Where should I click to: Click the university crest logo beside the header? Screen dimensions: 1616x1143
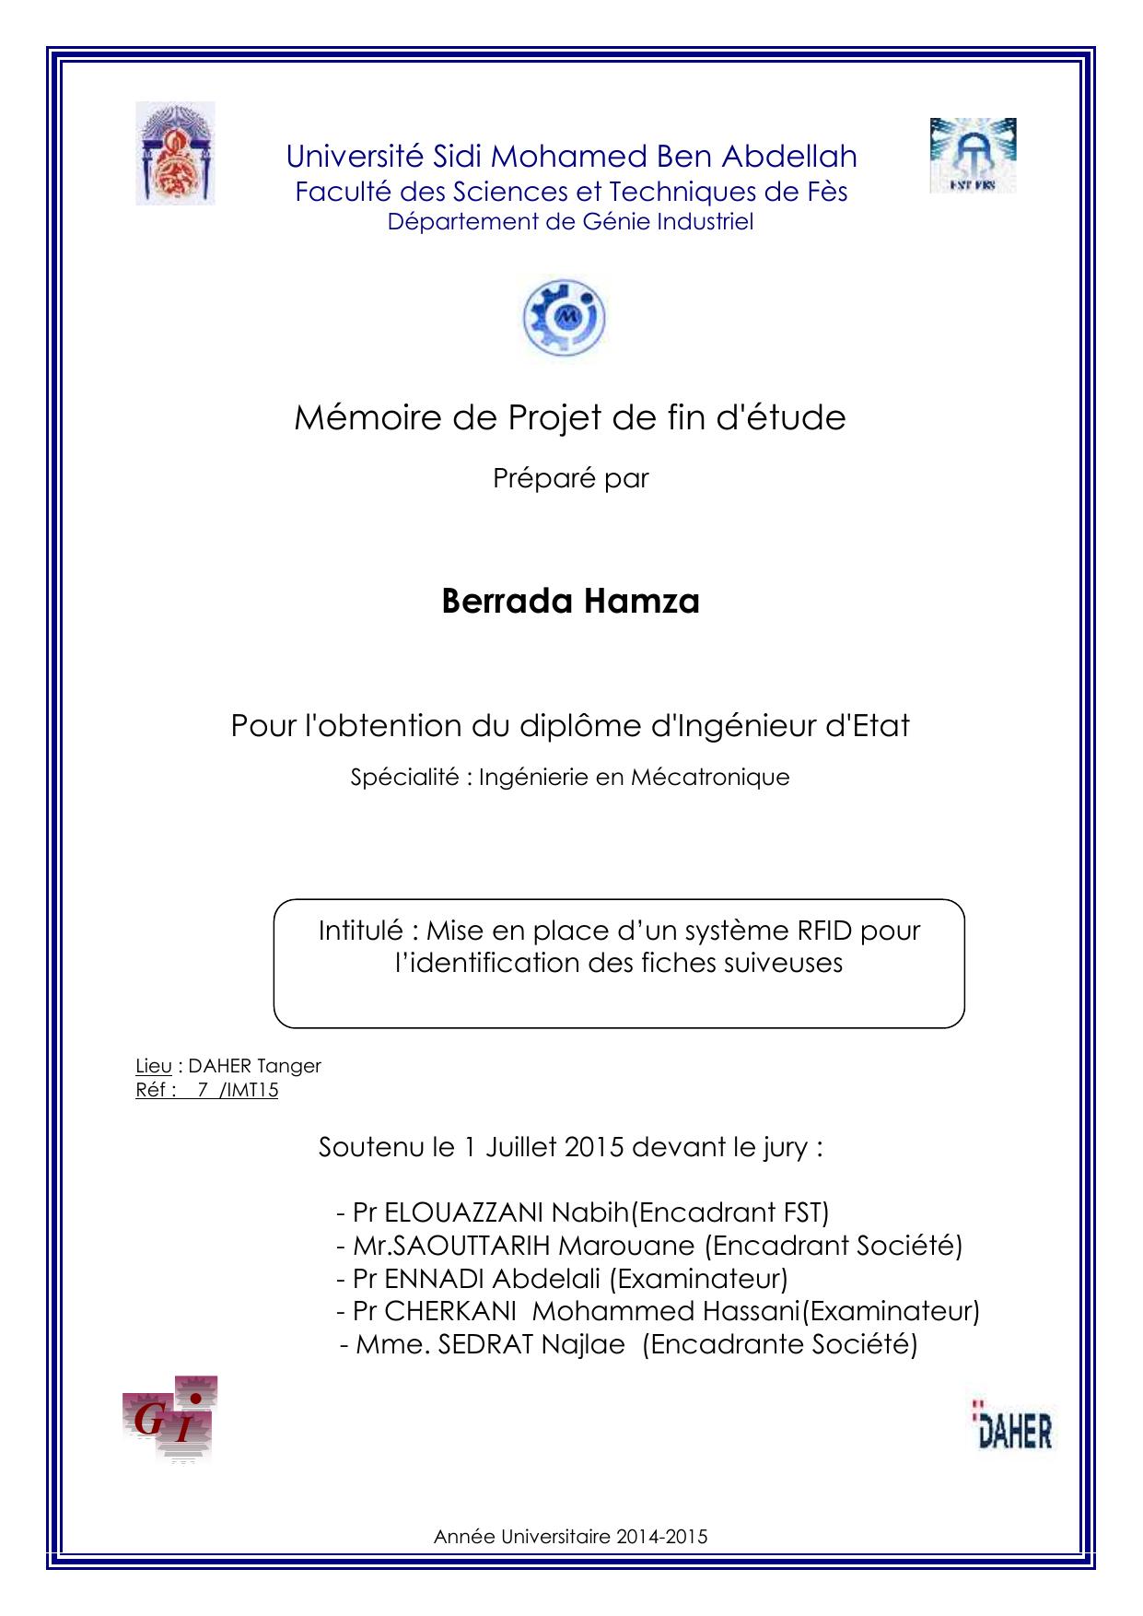point(175,153)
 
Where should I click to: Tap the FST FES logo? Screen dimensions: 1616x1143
point(972,155)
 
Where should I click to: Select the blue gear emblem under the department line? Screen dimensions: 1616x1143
point(564,318)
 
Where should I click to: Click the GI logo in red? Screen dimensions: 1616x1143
point(170,1420)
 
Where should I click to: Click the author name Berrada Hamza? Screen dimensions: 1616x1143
point(570,601)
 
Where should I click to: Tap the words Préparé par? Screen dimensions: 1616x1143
point(570,478)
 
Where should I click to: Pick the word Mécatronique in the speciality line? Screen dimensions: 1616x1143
point(710,777)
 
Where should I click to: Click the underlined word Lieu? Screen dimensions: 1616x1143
point(153,1066)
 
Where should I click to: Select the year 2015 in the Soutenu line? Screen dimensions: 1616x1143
point(594,1147)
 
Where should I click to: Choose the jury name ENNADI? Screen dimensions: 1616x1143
point(435,1278)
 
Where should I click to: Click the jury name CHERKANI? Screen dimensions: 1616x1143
point(449,1310)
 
